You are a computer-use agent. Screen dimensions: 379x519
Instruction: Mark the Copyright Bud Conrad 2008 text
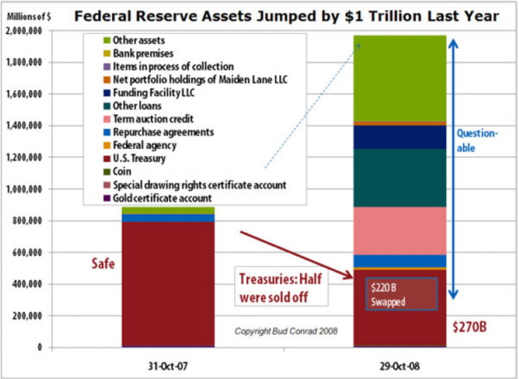281,331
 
